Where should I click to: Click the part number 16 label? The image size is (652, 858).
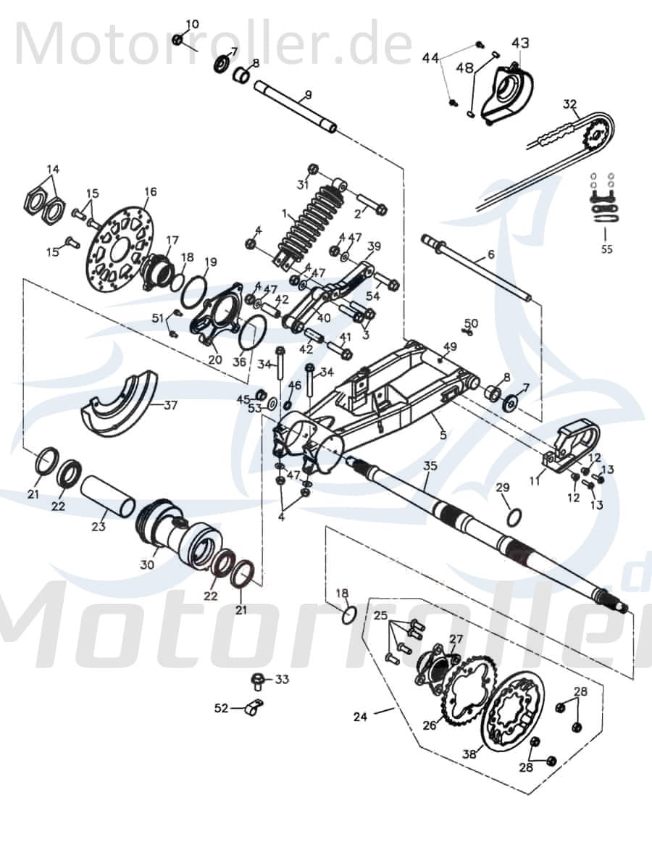[150, 192]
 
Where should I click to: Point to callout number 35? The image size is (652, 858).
[430, 465]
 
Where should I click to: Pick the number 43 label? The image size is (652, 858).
[520, 43]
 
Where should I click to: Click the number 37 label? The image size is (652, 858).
[170, 405]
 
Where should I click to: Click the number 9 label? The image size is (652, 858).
[308, 95]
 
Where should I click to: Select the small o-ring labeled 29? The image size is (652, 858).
[513, 517]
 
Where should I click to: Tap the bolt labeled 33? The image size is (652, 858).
[256, 680]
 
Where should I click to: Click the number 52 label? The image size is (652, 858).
[221, 708]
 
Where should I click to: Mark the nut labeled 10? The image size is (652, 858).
[177, 38]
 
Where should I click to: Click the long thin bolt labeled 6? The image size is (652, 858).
[478, 268]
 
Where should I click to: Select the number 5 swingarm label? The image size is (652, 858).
[443, 435]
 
